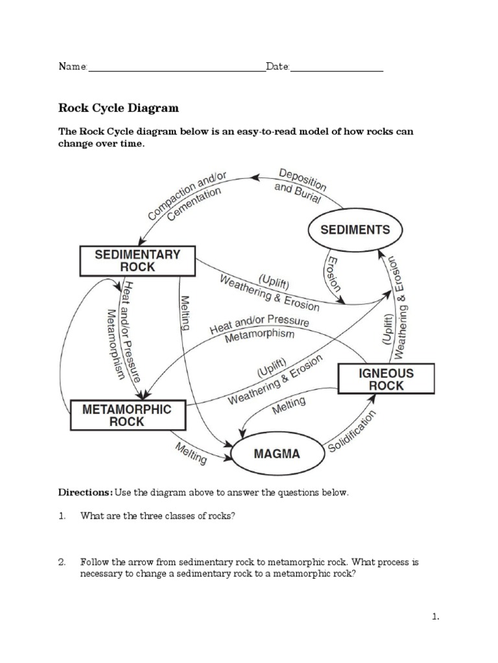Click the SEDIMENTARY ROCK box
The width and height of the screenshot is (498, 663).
137,260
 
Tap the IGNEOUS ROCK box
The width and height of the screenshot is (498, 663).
386,379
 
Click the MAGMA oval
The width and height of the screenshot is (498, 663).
277,454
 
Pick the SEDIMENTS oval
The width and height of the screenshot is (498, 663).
355,229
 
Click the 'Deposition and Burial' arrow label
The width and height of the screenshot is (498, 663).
300,185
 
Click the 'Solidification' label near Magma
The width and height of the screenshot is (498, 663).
353,431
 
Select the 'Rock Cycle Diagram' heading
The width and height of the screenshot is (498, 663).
119,107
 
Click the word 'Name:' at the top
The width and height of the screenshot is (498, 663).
73,67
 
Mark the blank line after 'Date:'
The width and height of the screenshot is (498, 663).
337,69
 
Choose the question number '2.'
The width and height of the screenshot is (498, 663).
62,562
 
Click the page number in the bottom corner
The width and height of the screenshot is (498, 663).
436,617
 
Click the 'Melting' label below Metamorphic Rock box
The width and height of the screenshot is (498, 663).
191,453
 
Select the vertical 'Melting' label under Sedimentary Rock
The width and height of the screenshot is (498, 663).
185,313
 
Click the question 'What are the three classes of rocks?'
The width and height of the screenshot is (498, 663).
156,516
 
